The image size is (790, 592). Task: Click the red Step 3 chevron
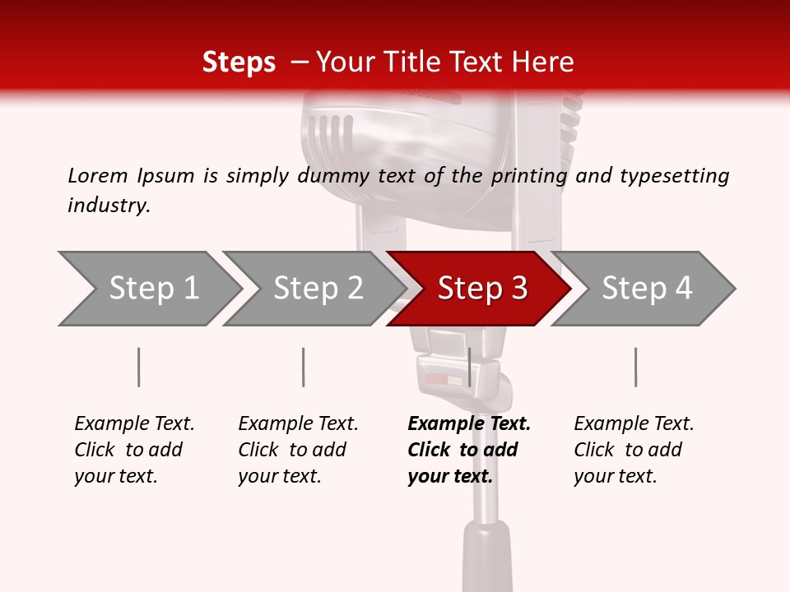pos(481,289)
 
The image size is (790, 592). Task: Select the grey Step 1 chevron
pos(153,289)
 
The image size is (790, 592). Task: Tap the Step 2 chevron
pos(318,289)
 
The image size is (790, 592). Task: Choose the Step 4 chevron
pos(646,289)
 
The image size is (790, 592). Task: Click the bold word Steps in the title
pos(239,62)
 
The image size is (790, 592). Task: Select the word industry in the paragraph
pos(108,206)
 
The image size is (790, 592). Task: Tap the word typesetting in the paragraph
pos(674,176)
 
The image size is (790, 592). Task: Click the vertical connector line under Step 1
pos(139,367)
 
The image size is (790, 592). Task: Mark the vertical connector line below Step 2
pos(304,367)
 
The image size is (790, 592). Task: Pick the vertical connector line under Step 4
pos(635,367)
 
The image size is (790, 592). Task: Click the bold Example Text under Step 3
pos(469,424)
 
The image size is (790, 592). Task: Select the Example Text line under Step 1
pos(134,424)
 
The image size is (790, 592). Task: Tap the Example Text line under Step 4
pos(634,424)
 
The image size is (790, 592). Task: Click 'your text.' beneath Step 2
pos(280,477)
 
